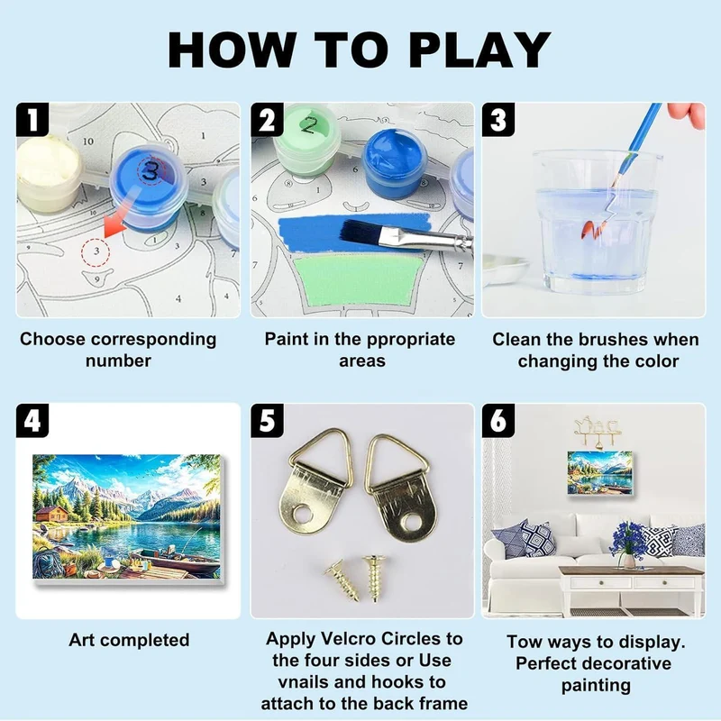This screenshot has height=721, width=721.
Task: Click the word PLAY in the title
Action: (x=479, y=50)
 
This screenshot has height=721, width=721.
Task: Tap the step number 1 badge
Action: (x=32, y=120)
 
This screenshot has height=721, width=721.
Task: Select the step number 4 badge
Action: (x=32, y=420)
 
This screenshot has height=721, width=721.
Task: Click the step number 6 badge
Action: (x=498, y=420)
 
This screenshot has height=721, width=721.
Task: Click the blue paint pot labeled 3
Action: (x=149, y=187)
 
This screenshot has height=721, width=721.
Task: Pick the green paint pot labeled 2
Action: (x=307, y=138)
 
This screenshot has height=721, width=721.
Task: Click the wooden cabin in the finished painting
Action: (x=52, y=513)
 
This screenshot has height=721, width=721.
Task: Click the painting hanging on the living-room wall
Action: (x=600, y=472)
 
